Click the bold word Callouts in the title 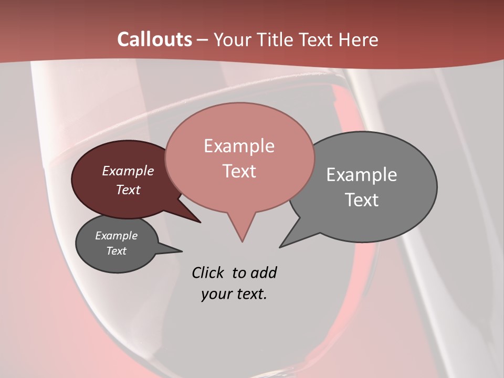point(154,39)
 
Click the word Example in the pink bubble point(239,145)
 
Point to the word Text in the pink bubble point(239,171)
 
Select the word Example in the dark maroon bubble point(128,171)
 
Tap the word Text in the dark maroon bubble point(128,190)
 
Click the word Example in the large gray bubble point(362,174)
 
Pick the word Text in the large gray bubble point(362,199)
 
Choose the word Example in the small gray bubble point(116,236)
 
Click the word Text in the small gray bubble point(116,251)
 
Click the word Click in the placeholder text point(208,272)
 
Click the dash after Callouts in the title point(203,39)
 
